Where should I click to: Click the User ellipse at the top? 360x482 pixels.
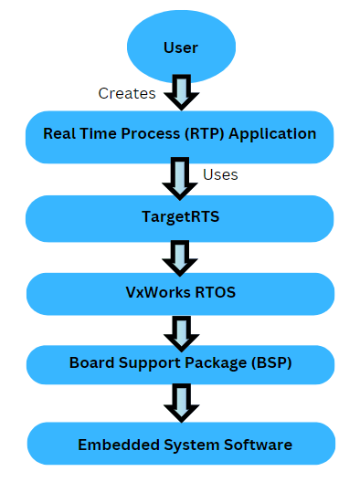(180, 47)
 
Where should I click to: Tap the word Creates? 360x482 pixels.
(126, 93)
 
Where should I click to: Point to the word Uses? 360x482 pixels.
(220, 174)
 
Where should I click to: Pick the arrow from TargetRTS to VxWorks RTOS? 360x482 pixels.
(180, 257)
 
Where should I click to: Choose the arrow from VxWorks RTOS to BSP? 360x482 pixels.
(180, 330)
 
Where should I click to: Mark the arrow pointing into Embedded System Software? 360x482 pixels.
(180, 402)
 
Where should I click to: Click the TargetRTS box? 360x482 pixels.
(180, 217)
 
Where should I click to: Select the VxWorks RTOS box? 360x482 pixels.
(180, 293)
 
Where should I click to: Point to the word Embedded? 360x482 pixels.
(112, 445)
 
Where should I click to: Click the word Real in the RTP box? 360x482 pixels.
(59, 134)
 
